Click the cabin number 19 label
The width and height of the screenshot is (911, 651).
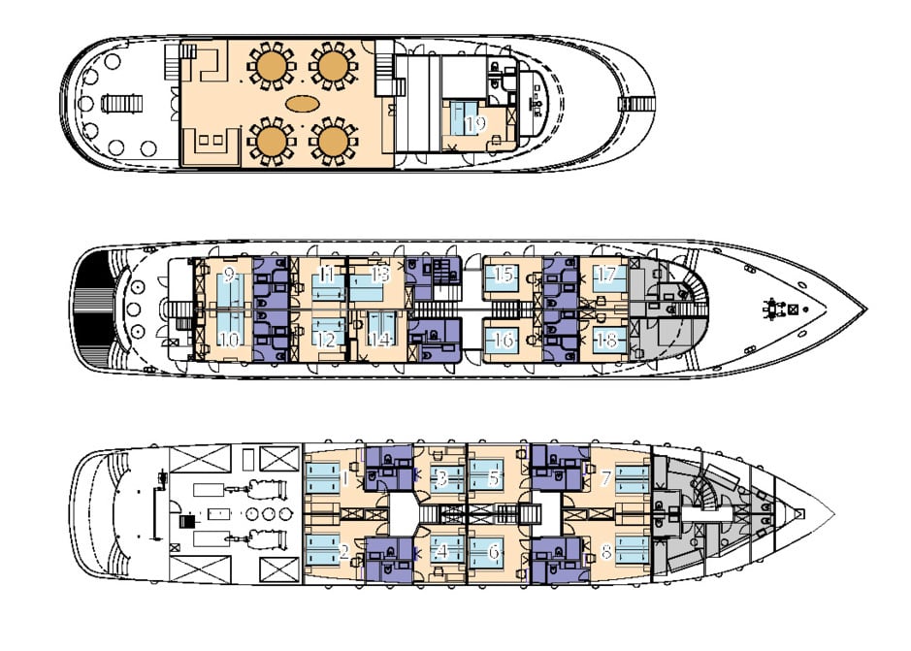474,124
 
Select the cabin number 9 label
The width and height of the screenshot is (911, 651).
229,275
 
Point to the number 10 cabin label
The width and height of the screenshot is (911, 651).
229,340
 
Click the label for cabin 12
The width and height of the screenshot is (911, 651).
326,341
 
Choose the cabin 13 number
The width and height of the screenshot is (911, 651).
379,275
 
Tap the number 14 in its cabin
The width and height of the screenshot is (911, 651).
379,341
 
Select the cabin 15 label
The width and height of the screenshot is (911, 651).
504,275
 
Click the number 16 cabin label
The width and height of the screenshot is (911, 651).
504,341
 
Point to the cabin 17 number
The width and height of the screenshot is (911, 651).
606,275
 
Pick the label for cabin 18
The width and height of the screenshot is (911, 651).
606,340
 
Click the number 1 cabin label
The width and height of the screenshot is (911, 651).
345,476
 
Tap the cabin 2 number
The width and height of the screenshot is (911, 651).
343,552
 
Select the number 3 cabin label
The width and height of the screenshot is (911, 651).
441,477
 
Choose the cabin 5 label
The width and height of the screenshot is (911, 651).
494,477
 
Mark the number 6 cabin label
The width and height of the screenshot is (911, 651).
494,552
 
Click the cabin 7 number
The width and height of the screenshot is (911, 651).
605,477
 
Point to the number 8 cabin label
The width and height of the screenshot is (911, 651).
605,552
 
